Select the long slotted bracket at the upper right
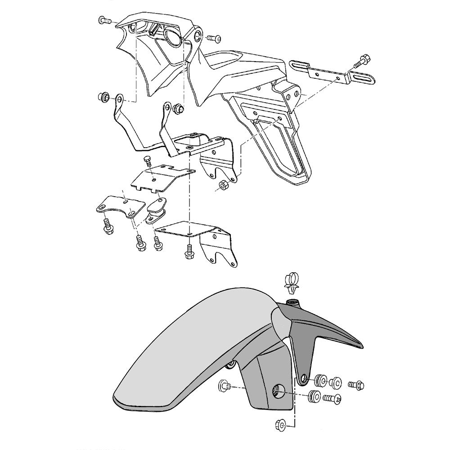[x=333, y=72]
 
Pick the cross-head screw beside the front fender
[x=333, y=398]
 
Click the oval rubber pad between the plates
[x=156, y=210]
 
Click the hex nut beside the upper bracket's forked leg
[x=223, y=186]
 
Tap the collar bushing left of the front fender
[x=225, y=386]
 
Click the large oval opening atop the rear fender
[x=173, y=37]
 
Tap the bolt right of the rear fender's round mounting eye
[x=213, y=38]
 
